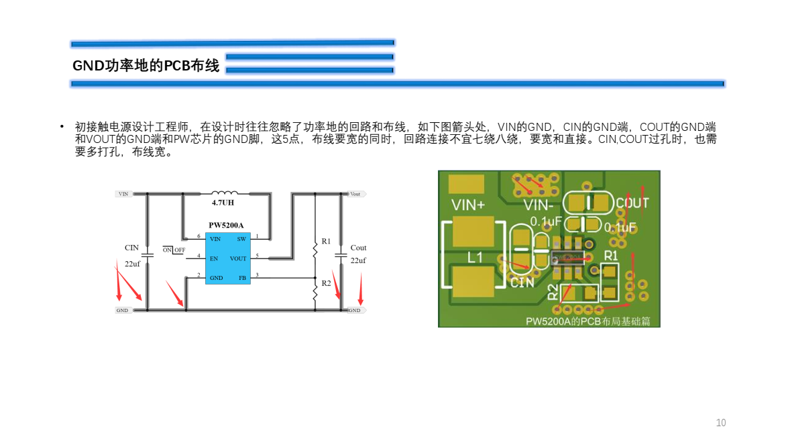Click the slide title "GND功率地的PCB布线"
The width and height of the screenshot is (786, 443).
tap(146, 66)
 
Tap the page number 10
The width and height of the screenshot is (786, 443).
tap(721, 423)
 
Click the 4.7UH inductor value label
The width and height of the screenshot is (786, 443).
tap(223, 203)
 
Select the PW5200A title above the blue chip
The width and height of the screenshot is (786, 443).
tap(226, 225)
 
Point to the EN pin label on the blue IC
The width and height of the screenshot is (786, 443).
tap(214, 258)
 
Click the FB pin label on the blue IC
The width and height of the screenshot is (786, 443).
tap(241, 278)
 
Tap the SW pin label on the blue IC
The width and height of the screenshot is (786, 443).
tap(241, 239)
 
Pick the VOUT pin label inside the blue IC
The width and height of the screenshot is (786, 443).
tap(238, 258)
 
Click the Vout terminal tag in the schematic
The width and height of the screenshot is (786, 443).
tap(355, 194)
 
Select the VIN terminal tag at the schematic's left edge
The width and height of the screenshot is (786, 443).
tap(123, 194)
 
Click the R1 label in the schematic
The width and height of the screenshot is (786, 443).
tap(326, 241)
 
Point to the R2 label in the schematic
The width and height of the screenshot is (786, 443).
tap(326, 283)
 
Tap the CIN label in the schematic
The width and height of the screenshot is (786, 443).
tap(132, 248)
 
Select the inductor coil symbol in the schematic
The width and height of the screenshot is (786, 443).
tap(224, 193)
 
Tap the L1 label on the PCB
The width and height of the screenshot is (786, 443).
tap(475, 257)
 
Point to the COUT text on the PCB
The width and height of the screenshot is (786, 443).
tap(632, 203)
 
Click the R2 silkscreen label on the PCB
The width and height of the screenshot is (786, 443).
tap(553, 292)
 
